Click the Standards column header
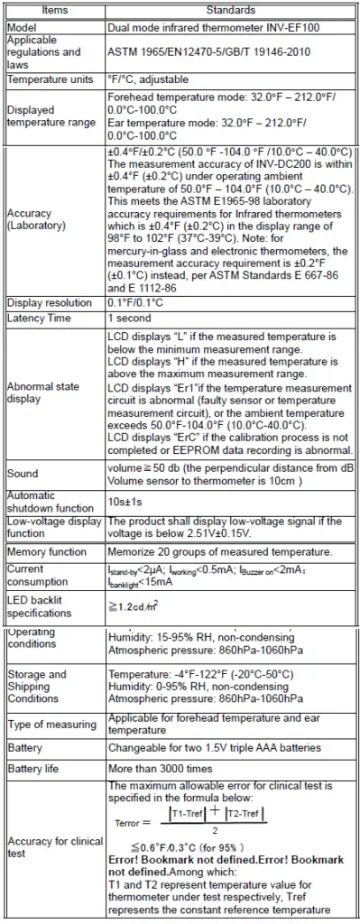230,9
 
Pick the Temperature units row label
50,79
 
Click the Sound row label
23,473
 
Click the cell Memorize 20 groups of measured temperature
218,551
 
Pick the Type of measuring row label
51,725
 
